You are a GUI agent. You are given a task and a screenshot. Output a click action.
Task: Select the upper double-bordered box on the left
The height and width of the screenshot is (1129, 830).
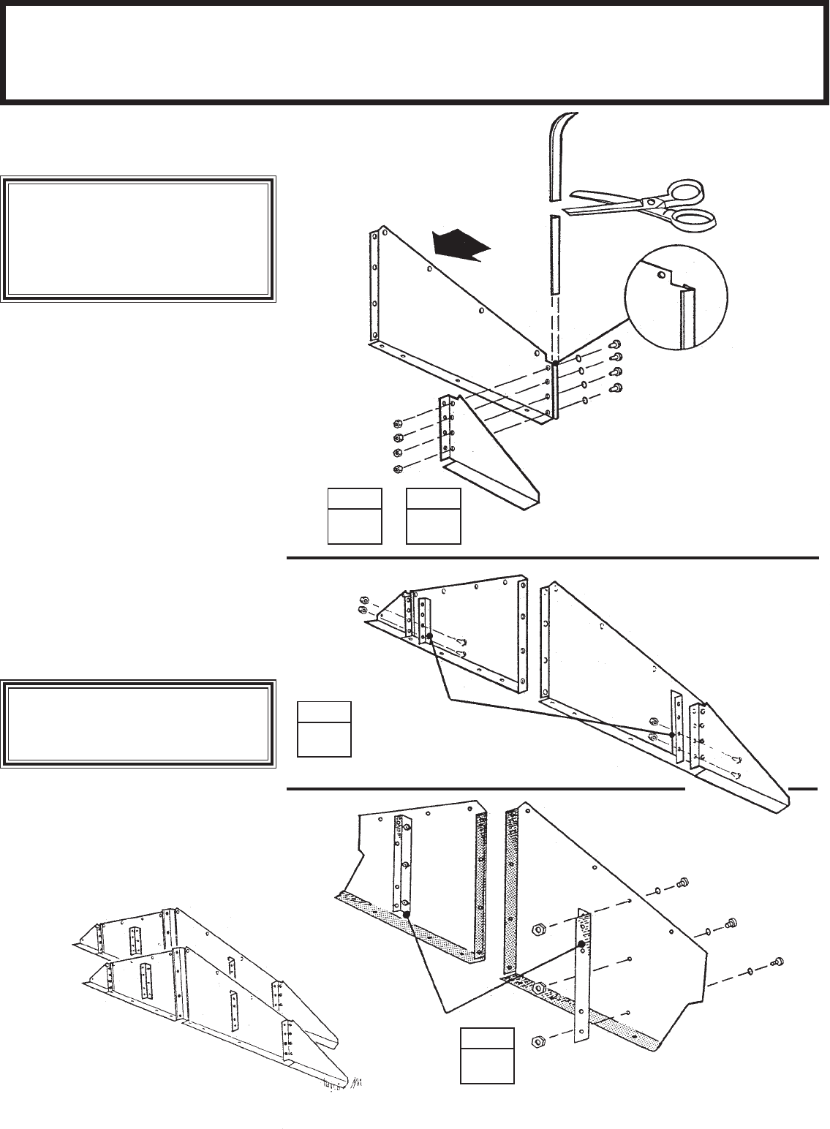[138, 238]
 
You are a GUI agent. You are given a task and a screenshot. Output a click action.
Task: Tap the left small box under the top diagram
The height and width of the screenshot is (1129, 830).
[355, 516]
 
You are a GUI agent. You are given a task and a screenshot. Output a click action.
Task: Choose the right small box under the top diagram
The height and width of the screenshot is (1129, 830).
[434, 516]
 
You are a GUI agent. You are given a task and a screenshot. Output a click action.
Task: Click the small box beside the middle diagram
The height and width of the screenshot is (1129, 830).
[324, 728]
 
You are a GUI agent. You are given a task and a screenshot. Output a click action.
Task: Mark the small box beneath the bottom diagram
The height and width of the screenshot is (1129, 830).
[487, 1055]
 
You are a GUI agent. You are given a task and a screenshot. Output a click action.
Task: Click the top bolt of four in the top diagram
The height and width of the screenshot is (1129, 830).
[616, 344]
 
